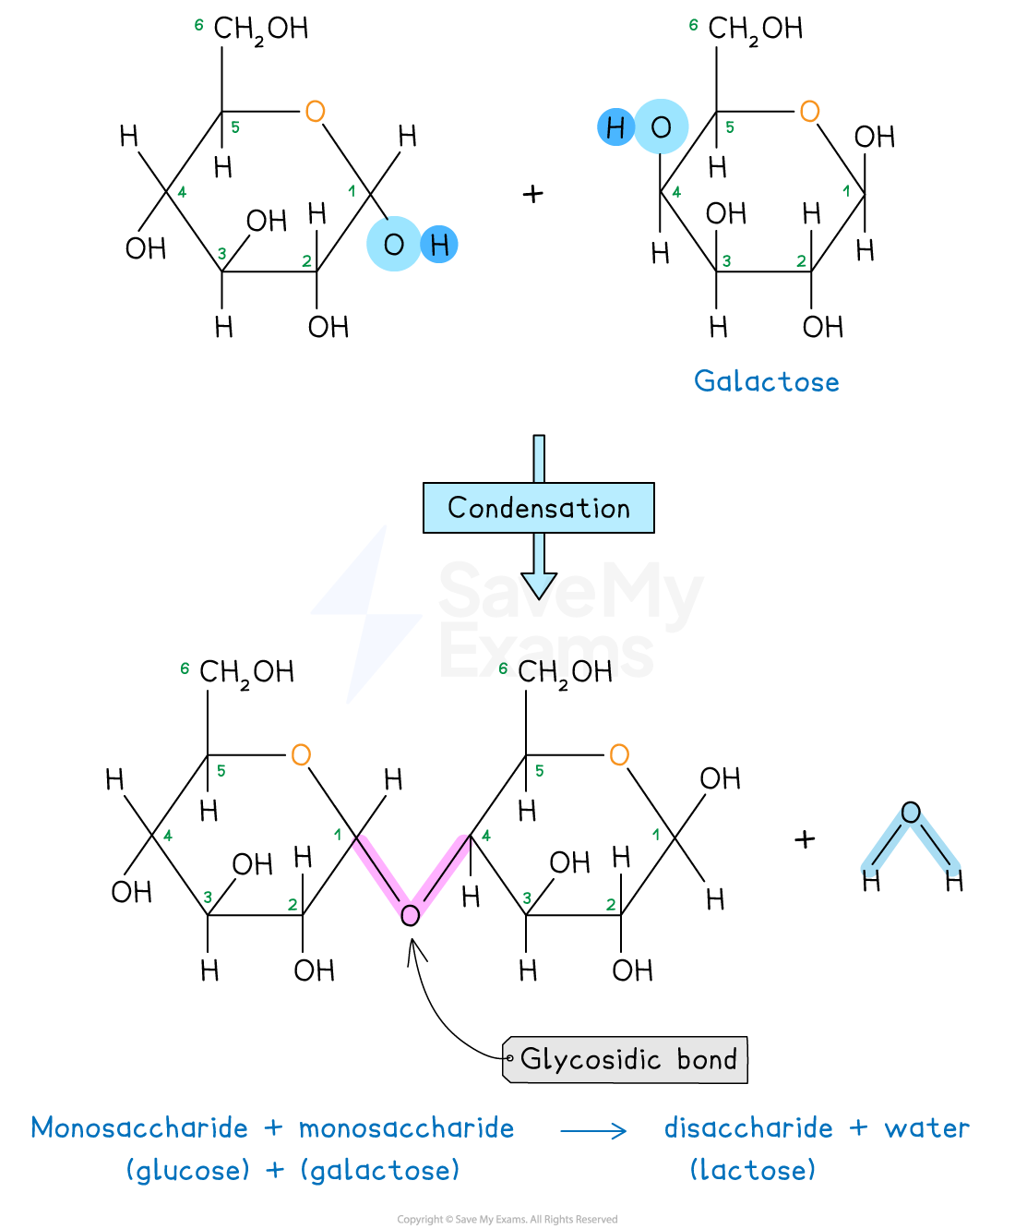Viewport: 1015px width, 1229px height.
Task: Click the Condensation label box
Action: tap(538, 508)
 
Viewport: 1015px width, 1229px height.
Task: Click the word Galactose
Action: tap(767, 381)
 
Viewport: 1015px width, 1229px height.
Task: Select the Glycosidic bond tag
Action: tap(627, 1059)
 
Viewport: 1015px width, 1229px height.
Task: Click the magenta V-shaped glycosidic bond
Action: tap(412, 877)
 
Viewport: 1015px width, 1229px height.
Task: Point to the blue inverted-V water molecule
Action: tap(911, 840)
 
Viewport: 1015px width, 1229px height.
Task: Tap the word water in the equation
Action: tap(927, 1127)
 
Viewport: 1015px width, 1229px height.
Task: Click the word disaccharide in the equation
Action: tap(748, 1127)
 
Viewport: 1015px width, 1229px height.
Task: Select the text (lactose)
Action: tap(753, 1170)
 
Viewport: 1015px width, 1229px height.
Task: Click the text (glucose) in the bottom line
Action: tap(188, 1170)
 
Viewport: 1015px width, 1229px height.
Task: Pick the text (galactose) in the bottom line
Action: tap(380, 1170)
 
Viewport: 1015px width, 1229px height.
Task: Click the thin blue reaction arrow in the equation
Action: tap(593, 1130)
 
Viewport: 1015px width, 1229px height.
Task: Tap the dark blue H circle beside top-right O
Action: tap(615, 127)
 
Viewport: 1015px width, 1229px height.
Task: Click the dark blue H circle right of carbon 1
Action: tap(439, 245)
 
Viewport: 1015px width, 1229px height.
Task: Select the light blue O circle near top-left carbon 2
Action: tap(394, 244)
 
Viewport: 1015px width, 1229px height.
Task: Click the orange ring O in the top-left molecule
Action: tap(315, 112)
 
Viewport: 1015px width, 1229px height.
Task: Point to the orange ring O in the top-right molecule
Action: tap(809, 112)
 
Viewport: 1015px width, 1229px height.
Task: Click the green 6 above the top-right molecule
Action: tap(693, 25)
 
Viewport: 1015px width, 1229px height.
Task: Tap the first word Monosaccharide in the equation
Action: tap(139, 1127)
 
